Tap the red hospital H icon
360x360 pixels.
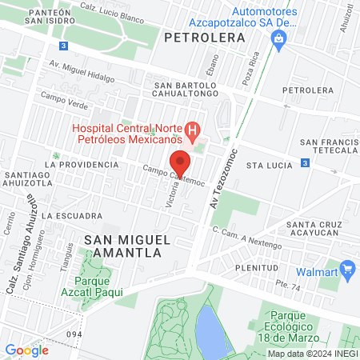(x=192, y=130)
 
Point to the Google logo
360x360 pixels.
(x=26, y=350)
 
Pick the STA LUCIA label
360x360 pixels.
(x=266, y=166)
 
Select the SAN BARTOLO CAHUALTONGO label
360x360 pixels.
(x=185, y=90)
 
